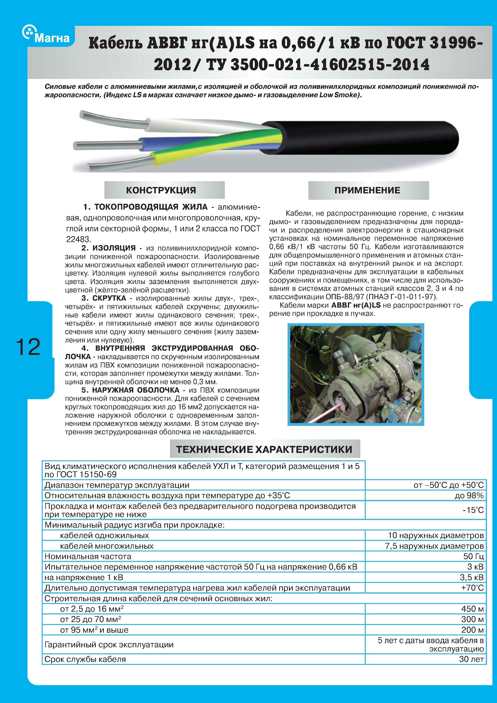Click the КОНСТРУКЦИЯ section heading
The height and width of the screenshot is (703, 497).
[161, 190]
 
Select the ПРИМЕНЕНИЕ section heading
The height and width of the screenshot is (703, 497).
[367, 190]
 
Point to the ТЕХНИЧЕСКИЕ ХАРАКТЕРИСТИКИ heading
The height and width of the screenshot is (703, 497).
[264, 449]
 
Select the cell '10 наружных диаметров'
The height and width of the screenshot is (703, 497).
[435, 535]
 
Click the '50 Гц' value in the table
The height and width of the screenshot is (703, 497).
[473, 556]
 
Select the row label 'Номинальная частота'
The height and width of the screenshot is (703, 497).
[88, 556]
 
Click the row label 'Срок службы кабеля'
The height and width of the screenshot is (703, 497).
[85, 659]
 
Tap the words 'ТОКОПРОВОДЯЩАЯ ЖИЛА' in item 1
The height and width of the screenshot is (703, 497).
[151, 207]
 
